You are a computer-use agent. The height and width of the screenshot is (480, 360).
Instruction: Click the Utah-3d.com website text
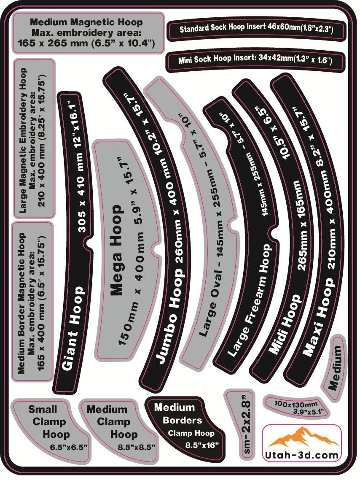coord(301,455)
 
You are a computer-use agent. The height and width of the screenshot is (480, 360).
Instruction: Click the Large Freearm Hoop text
coord(249,300)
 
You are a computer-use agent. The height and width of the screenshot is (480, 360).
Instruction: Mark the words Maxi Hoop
coord(318,317)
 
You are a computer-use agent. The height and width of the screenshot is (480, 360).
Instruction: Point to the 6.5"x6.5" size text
coord(69,447)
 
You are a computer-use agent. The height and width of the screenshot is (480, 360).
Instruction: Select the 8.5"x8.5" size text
coord(137,447)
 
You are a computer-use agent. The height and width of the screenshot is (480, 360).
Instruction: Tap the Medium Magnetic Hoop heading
coord(86,22)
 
